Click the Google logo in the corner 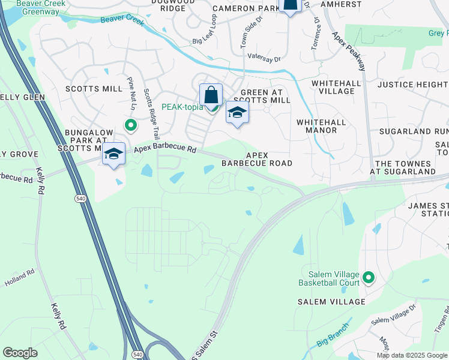[20, 353]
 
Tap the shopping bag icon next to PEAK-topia [211, 95]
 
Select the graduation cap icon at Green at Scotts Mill [237, 113]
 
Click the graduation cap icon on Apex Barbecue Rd [113, 154]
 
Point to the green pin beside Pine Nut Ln [130, 125]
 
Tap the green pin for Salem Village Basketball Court [369, 278]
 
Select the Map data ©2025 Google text [412, 355]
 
